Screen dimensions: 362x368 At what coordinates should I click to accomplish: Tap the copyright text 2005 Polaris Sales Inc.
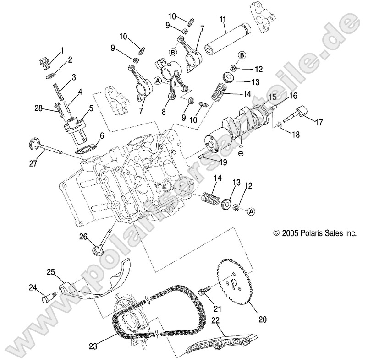tap(314, 232)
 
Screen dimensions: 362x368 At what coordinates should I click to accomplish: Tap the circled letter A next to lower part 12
tap(251, 211)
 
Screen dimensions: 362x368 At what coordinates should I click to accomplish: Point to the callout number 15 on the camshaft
tap(272, 97)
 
